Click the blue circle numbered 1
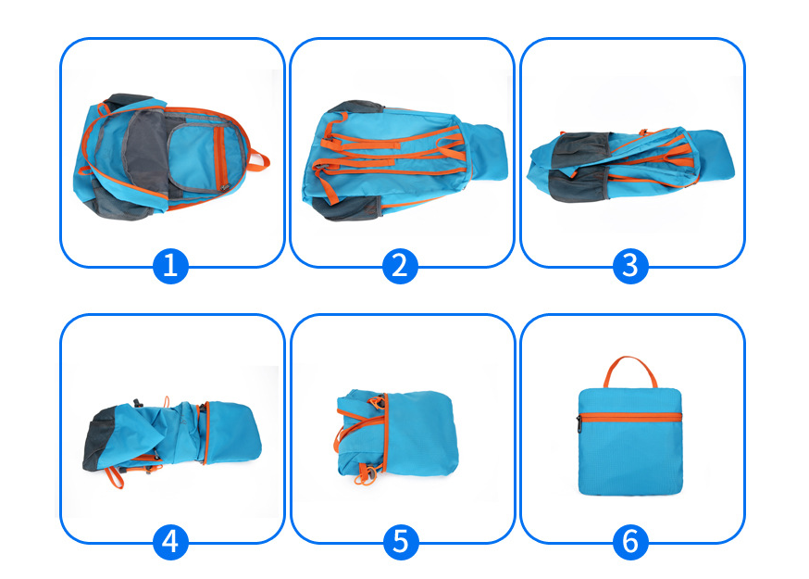tap(170, 266)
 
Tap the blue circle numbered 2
tap(401, 266)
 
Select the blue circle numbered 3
tap(630, 266)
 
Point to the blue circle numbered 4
tap(170, 542)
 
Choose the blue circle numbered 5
tap(401, 542)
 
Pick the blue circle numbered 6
tap(630, 542)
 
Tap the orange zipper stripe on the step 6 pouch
tap(630, 417)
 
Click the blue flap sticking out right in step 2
tap(488, 152)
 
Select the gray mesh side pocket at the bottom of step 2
tap(348, 208)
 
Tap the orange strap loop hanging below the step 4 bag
tap(115, 478)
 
